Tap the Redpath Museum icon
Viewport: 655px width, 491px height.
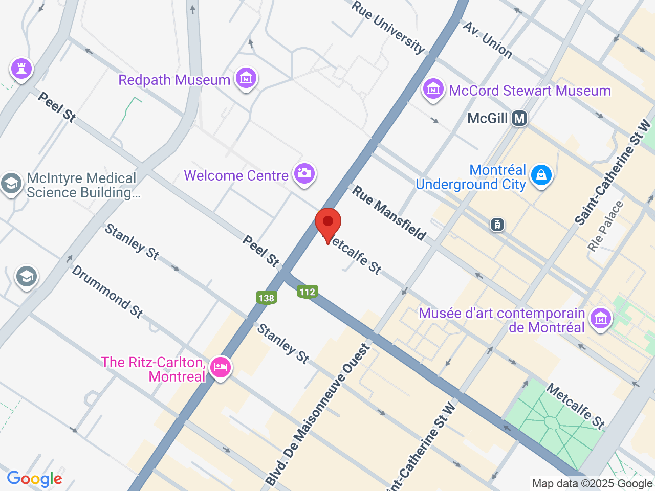(246, 78)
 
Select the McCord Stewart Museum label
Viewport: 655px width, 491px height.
(530, 91)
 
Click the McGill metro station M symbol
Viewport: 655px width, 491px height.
(519, 119)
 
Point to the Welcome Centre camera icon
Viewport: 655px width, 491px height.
(304, 173)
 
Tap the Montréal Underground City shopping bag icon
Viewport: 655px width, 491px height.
(541, 175)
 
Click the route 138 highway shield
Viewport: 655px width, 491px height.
(266, 298)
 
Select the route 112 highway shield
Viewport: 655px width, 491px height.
(307, 292)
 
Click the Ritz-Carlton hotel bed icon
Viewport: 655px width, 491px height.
(221, 367)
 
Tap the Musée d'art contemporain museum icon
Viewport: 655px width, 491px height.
(601, 319)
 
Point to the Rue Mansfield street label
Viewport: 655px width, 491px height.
(389, 213)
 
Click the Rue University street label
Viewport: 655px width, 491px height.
(388, 27)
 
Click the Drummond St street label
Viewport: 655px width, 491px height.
(107, 292)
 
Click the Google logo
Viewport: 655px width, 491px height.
(34, 479)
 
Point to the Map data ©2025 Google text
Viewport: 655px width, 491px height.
(592, 483)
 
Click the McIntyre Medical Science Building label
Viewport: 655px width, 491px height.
(82, 185)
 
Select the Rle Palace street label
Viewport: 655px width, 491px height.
(606, 226)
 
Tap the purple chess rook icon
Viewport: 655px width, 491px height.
(21, 68)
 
